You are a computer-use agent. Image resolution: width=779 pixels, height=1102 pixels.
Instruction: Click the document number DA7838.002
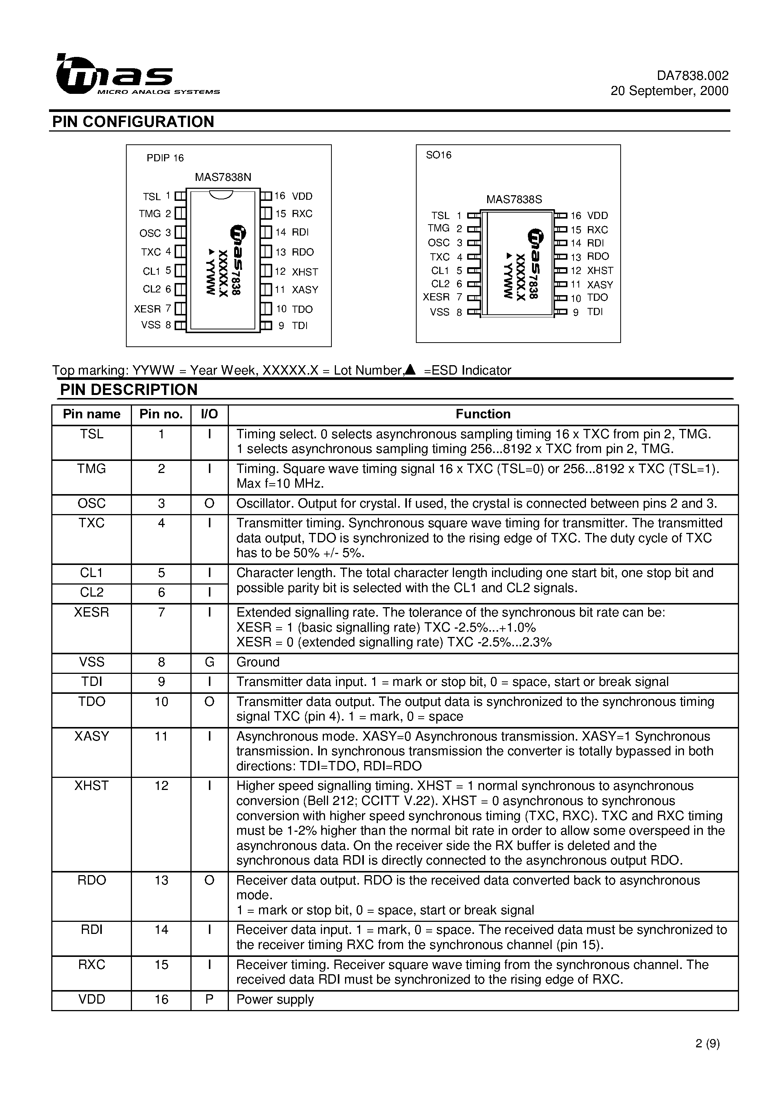tap(693, 76)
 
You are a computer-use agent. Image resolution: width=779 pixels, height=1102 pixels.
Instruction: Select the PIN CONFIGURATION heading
tap(133, 122)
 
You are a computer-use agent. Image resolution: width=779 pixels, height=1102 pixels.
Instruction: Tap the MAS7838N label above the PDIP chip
tap(223, 177)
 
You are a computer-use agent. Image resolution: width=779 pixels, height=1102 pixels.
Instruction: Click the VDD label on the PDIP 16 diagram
tap(302, 196)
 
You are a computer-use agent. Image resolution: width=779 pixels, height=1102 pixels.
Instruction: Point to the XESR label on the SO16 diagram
tap(436, 297)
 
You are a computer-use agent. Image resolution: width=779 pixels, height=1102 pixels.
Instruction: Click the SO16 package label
tap(439, 155)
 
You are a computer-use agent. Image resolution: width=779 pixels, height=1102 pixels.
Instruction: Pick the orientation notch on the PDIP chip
tap(221, 194)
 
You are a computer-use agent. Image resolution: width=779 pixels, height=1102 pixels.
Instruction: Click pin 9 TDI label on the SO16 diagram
tap(595, 312)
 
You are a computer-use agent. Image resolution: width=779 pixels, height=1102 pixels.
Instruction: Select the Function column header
tap(483, 414)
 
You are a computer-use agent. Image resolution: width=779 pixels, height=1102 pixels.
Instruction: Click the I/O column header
tap(209, 414)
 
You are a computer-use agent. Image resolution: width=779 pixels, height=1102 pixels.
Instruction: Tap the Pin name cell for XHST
tap(91, 786)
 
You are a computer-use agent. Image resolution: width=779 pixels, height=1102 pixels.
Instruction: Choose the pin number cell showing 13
tap(161, 880)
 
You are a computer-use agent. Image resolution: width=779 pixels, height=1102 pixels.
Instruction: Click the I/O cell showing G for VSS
tap(209, 662)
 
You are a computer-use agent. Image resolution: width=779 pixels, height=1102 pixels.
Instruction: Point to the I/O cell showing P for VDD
tap(209, 1000)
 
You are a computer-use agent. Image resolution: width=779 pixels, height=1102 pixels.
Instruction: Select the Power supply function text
tap(275, 1000)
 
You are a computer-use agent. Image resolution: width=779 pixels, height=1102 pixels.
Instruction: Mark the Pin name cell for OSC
tap(91, 504)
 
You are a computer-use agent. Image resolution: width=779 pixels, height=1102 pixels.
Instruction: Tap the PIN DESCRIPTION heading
tap(129, 390)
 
